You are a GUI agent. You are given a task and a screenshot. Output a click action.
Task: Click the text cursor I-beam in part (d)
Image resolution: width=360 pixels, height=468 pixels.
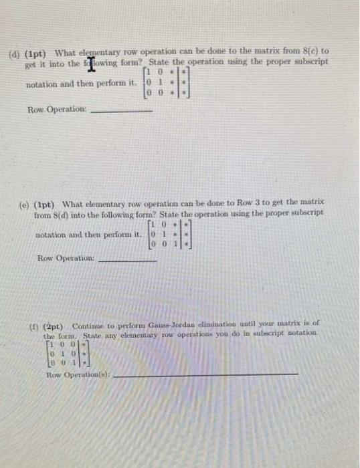(70, 62)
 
